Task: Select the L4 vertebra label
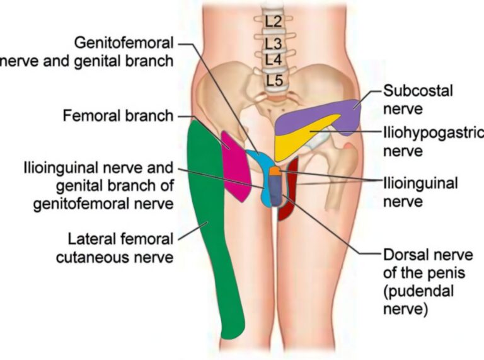coord(274,60)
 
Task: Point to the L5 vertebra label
coord(274,81)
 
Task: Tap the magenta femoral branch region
coord(234,165)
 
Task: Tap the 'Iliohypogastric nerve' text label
coord(432,141)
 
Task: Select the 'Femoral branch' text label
coord(117,116)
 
